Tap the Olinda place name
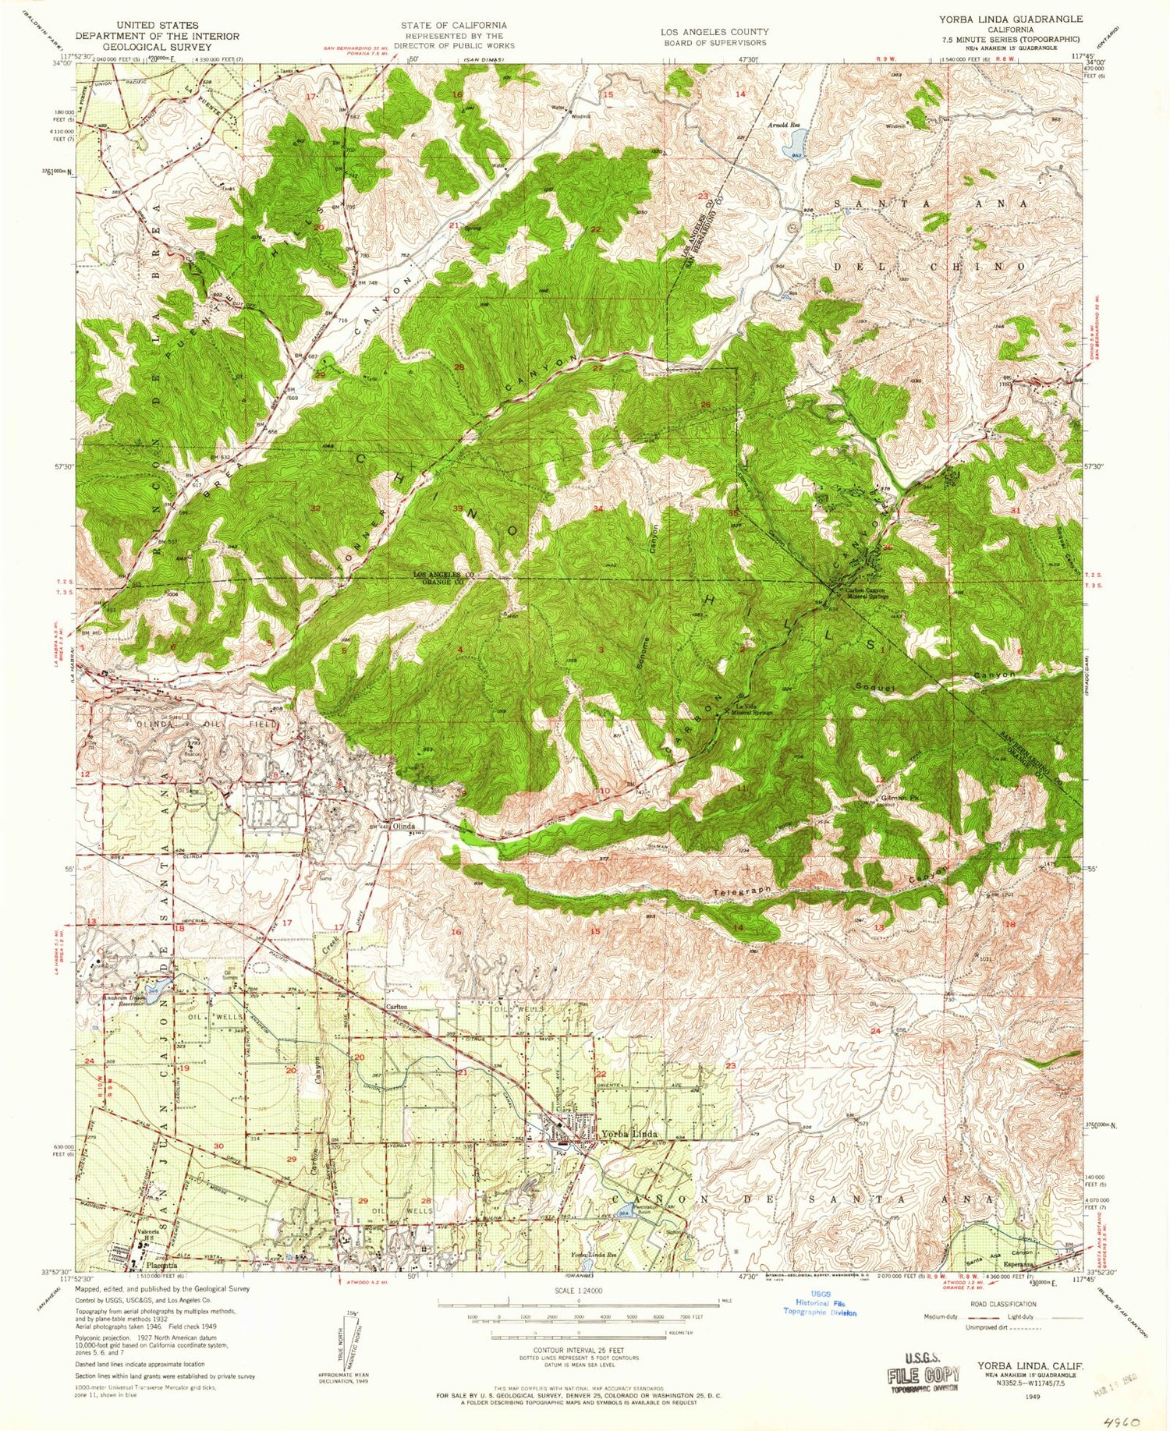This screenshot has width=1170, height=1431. pos(403,826)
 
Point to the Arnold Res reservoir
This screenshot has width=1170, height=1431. pos(796,141)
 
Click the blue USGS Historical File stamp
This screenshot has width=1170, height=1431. pos(820,1303)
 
